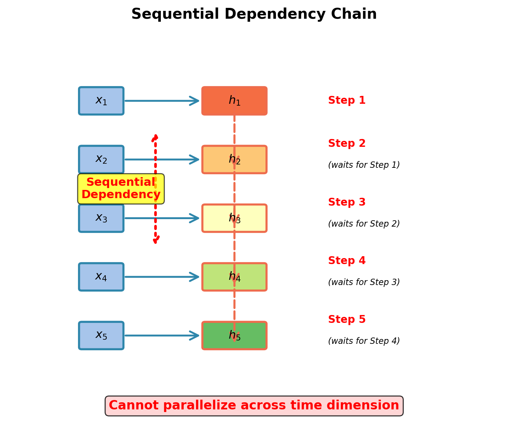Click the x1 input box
(x=101, y=101)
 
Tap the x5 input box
(x=101, y=335)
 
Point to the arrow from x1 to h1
(x=161, y=101)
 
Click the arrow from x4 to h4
(x=161, y=277)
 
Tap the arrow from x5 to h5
(x=161, y=335)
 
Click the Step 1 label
(x=347, y=101)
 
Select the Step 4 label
(x=347, y=261)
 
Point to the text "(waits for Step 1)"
(x=364, y=165)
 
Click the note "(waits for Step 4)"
(x=364, y=341)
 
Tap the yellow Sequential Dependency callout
(x=121, y=189)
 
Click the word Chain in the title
(x=357, y=15)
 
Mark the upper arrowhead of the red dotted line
(x=155, y=137)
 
